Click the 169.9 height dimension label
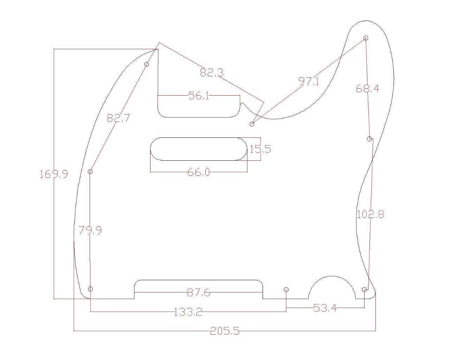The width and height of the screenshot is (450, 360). click(x=53, y=174)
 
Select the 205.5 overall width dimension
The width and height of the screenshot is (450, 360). click(x=225, y=331)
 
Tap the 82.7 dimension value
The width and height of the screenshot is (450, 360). click(x=118, y=118)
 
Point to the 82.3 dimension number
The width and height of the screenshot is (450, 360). click(x=212, y=72)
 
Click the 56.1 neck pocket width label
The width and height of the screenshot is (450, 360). click(x=199, y=95)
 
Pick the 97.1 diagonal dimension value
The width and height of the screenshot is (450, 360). click(x=309, y=82)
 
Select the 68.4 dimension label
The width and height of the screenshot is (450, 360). click(x=367, y=89)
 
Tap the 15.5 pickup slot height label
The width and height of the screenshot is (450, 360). click(x=260, y=149)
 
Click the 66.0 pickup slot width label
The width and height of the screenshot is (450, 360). click(x=199, y=172)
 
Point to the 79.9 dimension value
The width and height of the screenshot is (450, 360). click(x=90, y=231)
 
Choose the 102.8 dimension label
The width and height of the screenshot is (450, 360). click(x=370, y=214)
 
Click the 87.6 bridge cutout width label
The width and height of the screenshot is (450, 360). click(x=199, y=292)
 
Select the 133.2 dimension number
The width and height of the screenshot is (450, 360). click(x=188, y=312)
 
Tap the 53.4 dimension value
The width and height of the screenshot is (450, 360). click(x=325, y=308)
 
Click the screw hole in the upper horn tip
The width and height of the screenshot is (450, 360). click(x=366, y=38)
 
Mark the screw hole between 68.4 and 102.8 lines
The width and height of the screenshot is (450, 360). click(x=369, y=139)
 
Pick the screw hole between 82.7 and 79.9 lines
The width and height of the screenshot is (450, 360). click(x=90, y=172)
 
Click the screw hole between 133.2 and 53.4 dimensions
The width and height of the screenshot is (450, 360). click(x=286, y=289)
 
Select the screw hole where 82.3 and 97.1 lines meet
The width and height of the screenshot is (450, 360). click(x=252, y=124)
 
